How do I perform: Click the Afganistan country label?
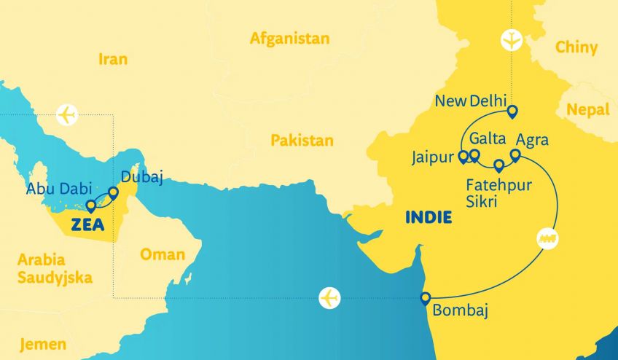pyautogui.click(x=289, y=38)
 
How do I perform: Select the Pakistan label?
pyautogui.click(x=302, y=140)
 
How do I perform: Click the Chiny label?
pyautogui.click(x=576, y=47)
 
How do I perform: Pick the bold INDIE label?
pyautogui.click(x=428, y=217)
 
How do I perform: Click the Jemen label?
pyautogui.click(x=43, y=344)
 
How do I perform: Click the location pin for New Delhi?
pyautogui.click(x=512, y=111)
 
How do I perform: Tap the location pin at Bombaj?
pyautogui.click(x=426, y=297)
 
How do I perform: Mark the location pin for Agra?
pyautogui.click(x=515, y=155)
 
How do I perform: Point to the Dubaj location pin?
pyautogui.click(x=114, y=193)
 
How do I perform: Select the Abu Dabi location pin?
pyautogui.click(x=91, y=206)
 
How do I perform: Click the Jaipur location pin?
pyautogui.click(x=462, y=156)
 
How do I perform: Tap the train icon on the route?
pyautogui.click(x=546, y=238)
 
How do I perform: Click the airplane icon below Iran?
pyautogui.click(x=66, y=115)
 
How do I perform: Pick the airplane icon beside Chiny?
pyautogui.click(x=512, y=40)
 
